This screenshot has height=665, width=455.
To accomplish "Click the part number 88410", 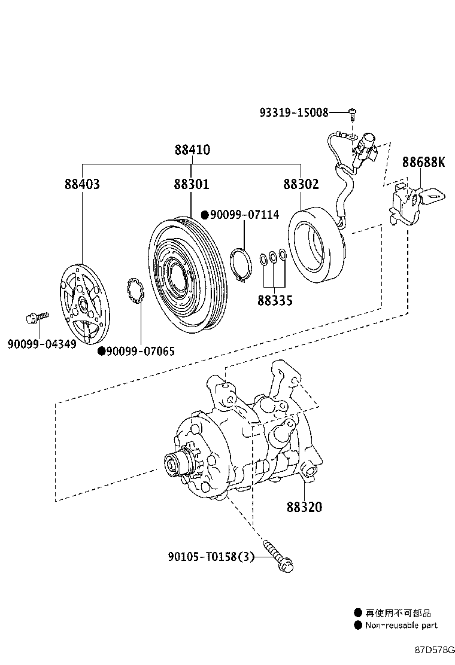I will (x=192, y=150).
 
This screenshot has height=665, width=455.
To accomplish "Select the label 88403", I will (x=82, y=184).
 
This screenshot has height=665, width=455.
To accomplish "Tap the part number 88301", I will (x=192, y=184).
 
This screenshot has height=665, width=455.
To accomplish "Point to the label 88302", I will (x=301, y=184).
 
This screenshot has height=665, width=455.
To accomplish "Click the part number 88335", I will (x=275, y=300).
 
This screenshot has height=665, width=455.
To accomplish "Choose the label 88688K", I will (x=423, y=162).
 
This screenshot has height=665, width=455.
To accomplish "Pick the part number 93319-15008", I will (x=294, y=112).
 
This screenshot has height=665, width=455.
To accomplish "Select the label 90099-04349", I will (x=42, y=344).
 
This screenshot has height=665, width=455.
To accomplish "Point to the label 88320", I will (x=304, y=507).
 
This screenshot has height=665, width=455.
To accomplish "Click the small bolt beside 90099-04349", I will (x=35, y=318).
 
